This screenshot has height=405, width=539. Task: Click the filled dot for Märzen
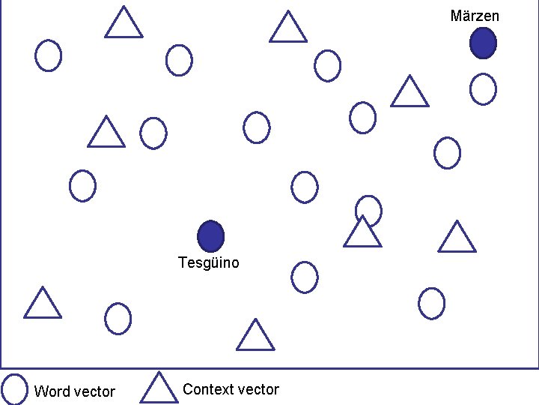[x=483, y=43]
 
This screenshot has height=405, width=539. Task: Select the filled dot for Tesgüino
[x=211, y=236]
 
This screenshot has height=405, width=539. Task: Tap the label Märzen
[x=475, y=16]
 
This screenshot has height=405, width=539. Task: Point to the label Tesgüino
[x=209, y=262]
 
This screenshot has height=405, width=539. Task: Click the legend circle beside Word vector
[x=15, y=388]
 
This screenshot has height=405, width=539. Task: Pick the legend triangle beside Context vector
[x=157, y=388]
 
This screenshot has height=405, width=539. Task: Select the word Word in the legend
[x=52, y=391]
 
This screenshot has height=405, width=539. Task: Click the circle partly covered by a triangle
[x=368, y=208]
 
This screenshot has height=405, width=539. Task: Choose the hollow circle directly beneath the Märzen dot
[x=483, y=89]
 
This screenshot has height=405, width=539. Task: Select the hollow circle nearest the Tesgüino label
[x=304, y=277]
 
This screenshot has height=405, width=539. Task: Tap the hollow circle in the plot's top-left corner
[x=49, y=55]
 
